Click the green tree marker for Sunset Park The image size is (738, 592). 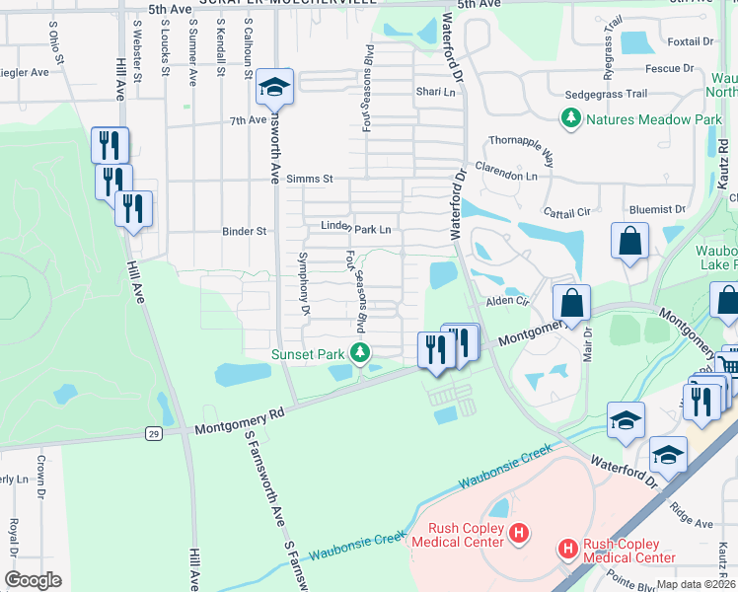[361, 353]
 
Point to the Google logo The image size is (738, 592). [33, 579]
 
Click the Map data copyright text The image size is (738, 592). [697, 584]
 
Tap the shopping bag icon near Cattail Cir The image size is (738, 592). [629, 241]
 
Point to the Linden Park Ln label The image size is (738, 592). [356, 228]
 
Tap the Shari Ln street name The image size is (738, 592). [435, 93]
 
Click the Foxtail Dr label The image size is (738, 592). [690, 41]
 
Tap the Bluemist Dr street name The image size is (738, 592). [656, 209]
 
